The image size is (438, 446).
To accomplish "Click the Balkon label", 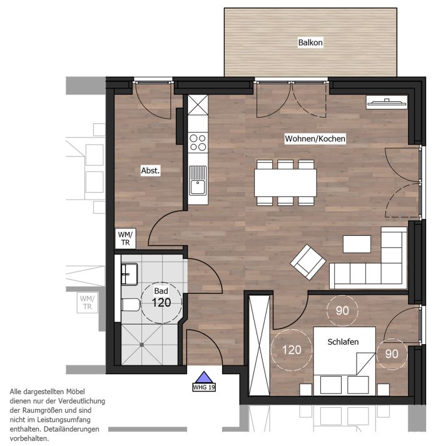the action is click(x=310, y=43).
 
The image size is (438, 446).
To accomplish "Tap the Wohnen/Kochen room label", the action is click(x=315, y=139).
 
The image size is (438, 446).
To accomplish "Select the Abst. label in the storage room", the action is click(x=150, y=171).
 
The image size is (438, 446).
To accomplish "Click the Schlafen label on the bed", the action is click(x=343, y=342).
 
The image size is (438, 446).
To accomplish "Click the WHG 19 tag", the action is click(x=204, y=387).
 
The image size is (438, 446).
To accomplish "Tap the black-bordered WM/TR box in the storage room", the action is click(x=126, y=238).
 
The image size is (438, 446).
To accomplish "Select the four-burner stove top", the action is click(x=198, y=143).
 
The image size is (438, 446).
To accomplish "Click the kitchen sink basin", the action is click(x=198, y=187).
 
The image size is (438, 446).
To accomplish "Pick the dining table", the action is click(x=285, y=183).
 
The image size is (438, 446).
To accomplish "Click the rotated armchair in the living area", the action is click(x=308, y=262).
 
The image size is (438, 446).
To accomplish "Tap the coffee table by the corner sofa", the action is click(x=357, y=244).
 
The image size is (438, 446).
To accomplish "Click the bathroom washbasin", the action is click(x=130, y=274).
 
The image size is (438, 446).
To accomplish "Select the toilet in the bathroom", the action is click(x=131, y=305).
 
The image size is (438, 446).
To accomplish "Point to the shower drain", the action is click(x=142, y=345).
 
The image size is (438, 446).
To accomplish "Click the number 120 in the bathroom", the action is click(x=161, y=303).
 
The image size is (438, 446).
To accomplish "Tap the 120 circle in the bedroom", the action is click(x=292, y=350).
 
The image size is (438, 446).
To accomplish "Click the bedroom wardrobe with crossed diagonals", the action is click(x=259, y=345).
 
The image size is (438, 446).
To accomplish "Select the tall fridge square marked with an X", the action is click(x=198, y=104).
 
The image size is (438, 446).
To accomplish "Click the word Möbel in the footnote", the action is click(x=76, y=392).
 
